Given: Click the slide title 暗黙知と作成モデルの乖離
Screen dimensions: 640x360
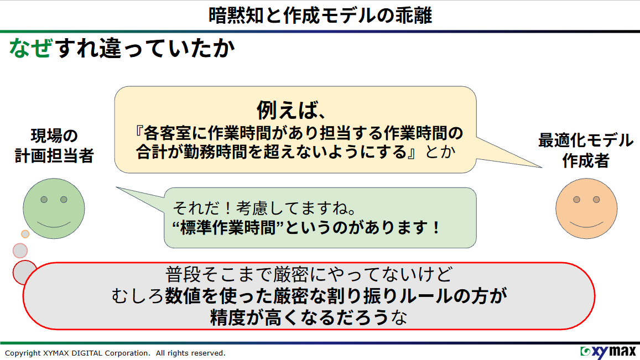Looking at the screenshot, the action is (320, 14).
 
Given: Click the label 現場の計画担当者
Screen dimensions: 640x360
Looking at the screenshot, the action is (54, 146).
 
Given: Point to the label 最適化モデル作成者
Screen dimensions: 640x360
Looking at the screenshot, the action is (586, 150).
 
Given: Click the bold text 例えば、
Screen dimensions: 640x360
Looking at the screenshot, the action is (290, 110).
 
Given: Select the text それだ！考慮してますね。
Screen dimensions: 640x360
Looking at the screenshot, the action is (264, 208).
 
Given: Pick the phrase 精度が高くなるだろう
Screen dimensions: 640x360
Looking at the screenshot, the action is (299, 318).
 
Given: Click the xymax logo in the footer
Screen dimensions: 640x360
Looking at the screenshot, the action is (607, 352).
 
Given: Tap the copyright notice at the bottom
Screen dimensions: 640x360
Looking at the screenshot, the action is (115, 353).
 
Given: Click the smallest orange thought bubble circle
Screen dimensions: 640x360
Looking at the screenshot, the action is (25, 234).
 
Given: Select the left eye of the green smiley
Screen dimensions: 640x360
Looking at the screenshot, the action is (44, 199).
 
